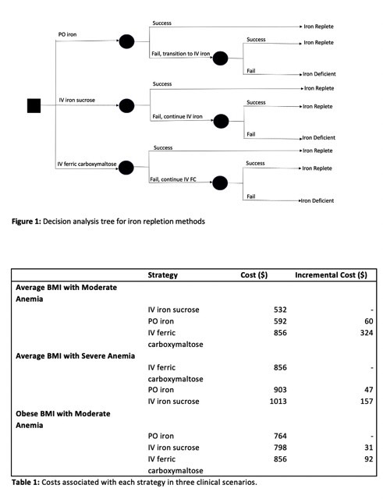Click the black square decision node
[34, 104]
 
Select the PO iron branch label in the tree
[73, 35]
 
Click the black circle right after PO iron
[126, 41]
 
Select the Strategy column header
[163, 275]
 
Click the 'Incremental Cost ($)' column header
[331, 275]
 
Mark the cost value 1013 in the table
[277, 401]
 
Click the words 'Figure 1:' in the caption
[29, 222]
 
